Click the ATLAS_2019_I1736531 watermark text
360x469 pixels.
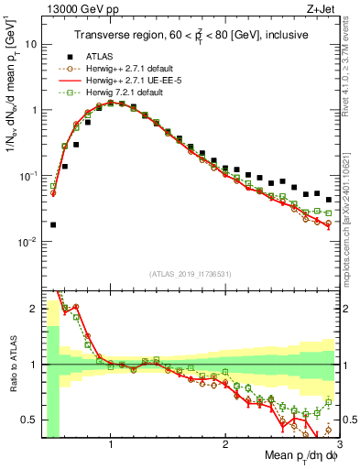(x=189, y=274)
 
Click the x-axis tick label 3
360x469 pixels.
(x=338, y=445)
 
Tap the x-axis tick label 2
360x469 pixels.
(x=224, y=445)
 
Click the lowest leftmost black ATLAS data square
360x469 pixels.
(x=53, y=224)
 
